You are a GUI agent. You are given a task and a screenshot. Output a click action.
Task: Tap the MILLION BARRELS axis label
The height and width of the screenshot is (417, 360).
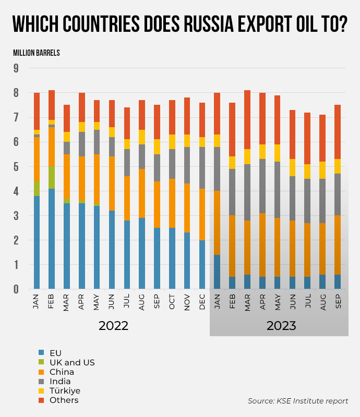pos(37,53)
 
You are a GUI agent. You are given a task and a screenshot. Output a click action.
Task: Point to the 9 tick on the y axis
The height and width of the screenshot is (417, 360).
pos(16,68)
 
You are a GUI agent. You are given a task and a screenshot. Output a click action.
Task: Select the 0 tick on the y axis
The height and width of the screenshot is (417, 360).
pos(16,289)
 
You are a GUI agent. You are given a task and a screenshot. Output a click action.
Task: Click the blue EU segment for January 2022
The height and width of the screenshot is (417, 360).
pos(37,242)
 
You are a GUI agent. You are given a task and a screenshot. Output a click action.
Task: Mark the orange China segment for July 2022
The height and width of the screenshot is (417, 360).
pos(127,198)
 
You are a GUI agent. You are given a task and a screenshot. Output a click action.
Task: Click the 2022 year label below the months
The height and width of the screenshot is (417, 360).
pos(113,326)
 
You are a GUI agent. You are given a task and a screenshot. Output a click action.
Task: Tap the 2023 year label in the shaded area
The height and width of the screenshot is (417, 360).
pos(281,326)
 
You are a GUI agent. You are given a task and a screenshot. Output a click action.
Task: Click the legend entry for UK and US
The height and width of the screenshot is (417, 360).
pos(72,362)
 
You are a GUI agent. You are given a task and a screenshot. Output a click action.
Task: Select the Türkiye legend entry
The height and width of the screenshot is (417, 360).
pos(65,390)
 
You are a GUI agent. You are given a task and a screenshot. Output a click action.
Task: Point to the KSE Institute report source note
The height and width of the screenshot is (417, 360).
pos(298,401)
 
